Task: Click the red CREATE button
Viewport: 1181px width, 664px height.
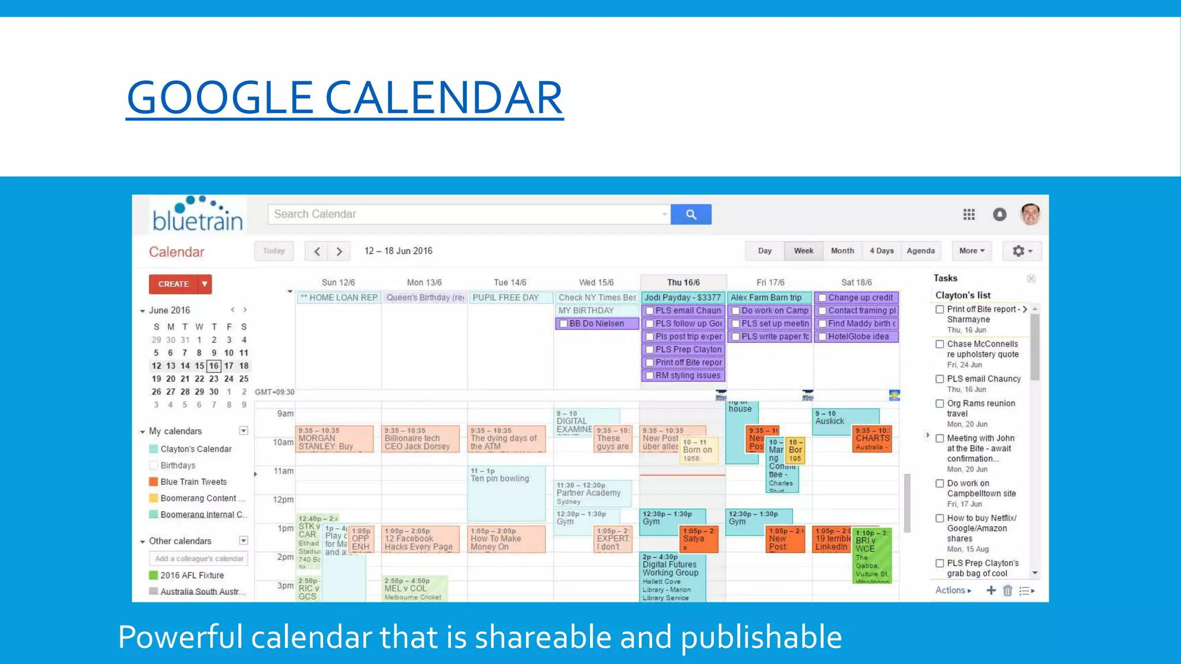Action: [x=174, y=284]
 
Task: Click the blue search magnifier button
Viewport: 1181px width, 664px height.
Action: [x=691, y=214]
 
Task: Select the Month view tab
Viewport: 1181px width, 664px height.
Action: [x=842, y=251]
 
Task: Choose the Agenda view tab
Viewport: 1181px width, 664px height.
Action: [x=920, y=251]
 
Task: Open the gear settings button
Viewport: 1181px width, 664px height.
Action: [x=1022, y=251]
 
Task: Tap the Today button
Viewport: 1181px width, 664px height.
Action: [x=274, y=251]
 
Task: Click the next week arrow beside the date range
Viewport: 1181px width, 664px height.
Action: [x=340, y=251]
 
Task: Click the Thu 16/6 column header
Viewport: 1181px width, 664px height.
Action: [x=683, y=282]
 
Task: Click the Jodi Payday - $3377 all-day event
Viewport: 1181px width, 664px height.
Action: [x=683, y=297]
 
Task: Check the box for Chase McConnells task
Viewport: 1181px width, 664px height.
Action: [x=940, y=344]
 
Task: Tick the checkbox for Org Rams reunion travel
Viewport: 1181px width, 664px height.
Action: [x=940, y=403]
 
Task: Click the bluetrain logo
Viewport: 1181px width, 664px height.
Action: [x=198, y=215]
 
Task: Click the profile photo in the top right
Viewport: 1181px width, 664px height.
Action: [x=1030, y=214]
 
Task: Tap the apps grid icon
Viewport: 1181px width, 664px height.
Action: [x=969, y=214]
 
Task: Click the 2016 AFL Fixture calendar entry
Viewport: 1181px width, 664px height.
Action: [x=192, y=575]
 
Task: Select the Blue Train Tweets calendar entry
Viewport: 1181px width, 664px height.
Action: [x=193, y=482]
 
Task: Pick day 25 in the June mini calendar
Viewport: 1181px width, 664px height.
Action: [x=244, y=379]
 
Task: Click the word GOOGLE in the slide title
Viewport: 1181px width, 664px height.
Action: [x=220, y=97]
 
